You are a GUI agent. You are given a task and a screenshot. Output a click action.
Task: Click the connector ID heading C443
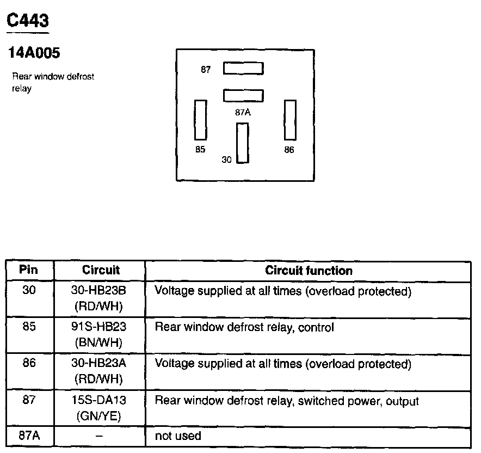(x=27, y=21)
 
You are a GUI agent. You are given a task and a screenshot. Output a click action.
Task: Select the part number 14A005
(x=33, y=53)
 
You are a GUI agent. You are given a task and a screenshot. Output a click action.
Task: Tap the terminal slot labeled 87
(x=243, y=69)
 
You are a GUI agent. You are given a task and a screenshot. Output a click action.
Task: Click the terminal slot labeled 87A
(x=243, y=96)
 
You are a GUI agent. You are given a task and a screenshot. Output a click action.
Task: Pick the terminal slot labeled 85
(x=201, y=119)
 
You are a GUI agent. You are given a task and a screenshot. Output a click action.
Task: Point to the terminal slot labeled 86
(x=290, y=119)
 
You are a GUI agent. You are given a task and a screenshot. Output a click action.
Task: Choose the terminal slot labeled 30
(x=242, y=143)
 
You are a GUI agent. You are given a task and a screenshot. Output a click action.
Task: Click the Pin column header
(x=29, y=270)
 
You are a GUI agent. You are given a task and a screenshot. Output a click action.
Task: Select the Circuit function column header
(x=309, y=271)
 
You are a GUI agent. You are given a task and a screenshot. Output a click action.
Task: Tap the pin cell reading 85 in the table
(x=29, y=327)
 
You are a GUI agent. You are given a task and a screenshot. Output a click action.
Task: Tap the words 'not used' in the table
(x=178, y=436)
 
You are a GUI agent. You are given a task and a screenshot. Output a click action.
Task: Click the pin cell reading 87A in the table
(x=29, y=436)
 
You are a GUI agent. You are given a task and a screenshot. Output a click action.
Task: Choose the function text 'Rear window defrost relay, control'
(x=244, y=328)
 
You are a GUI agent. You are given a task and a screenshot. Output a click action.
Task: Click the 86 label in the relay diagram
(x=289, y=150)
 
